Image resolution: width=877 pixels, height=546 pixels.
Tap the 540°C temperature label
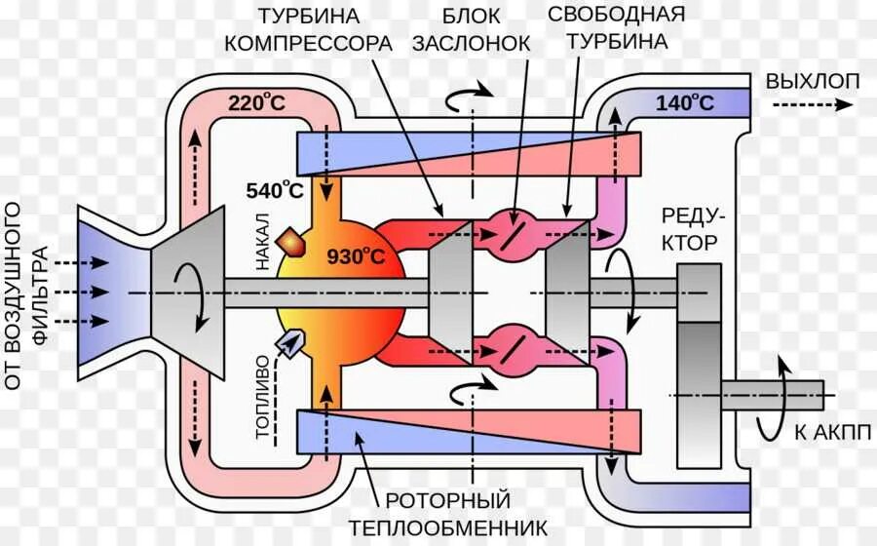click(x=274, y=190)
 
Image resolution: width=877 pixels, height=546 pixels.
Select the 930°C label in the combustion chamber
click(x=356, y=257)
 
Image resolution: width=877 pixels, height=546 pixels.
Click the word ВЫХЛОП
click(x=813, y=81)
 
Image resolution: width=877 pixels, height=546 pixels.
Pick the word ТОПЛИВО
click(x=261, y=401)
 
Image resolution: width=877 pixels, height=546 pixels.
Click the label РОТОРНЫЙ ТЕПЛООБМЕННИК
click(x=448, y=513)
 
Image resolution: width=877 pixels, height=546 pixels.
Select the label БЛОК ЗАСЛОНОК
click(x=472, y=30)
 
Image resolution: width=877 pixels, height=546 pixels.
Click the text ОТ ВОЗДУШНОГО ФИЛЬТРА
click(x=26, y=295)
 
